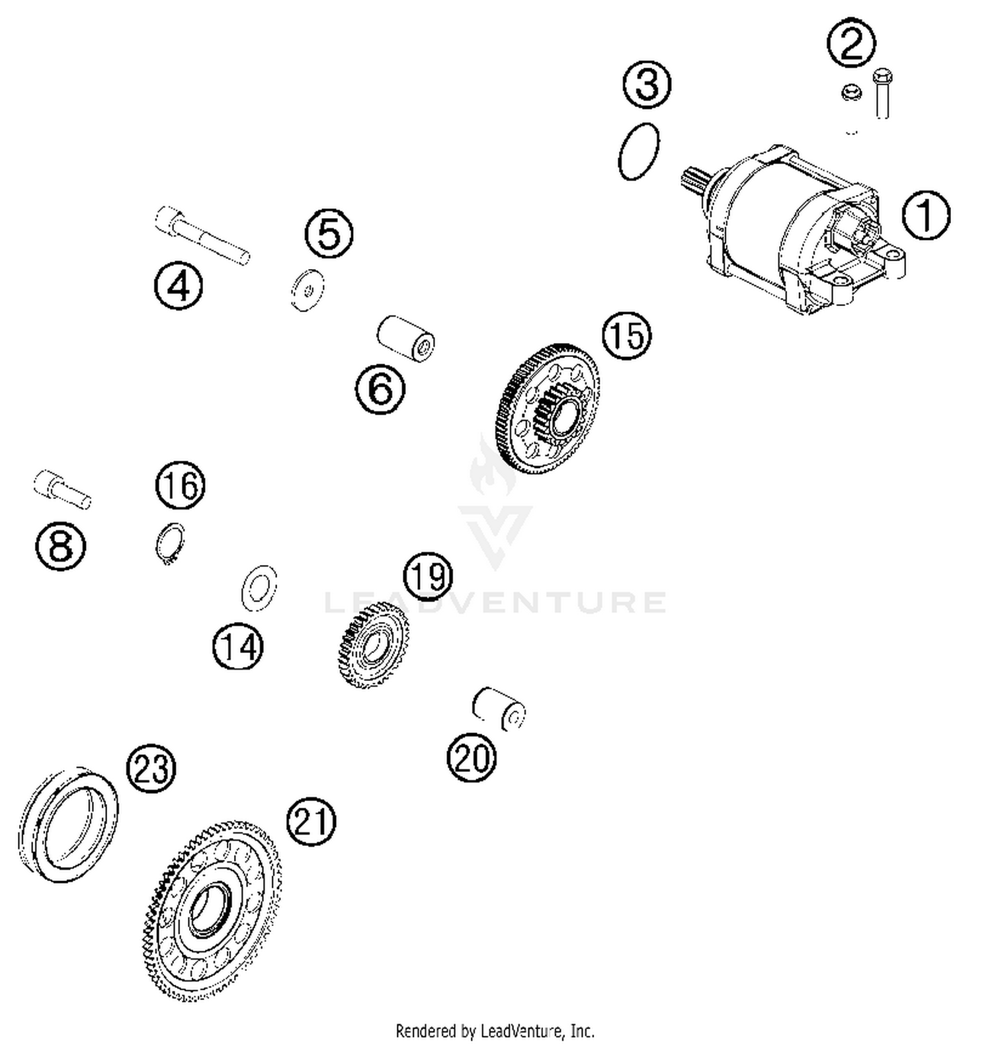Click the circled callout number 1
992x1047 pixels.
point(926,215)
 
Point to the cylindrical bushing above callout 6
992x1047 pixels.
point(405,339)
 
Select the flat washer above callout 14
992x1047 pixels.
point(259,587)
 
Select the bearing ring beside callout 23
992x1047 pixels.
point(67,823)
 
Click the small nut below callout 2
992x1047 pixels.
point(851,93)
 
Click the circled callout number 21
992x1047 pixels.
point(311,821)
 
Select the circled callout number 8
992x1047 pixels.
point(60,546)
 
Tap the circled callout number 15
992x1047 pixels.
point(626,335)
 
